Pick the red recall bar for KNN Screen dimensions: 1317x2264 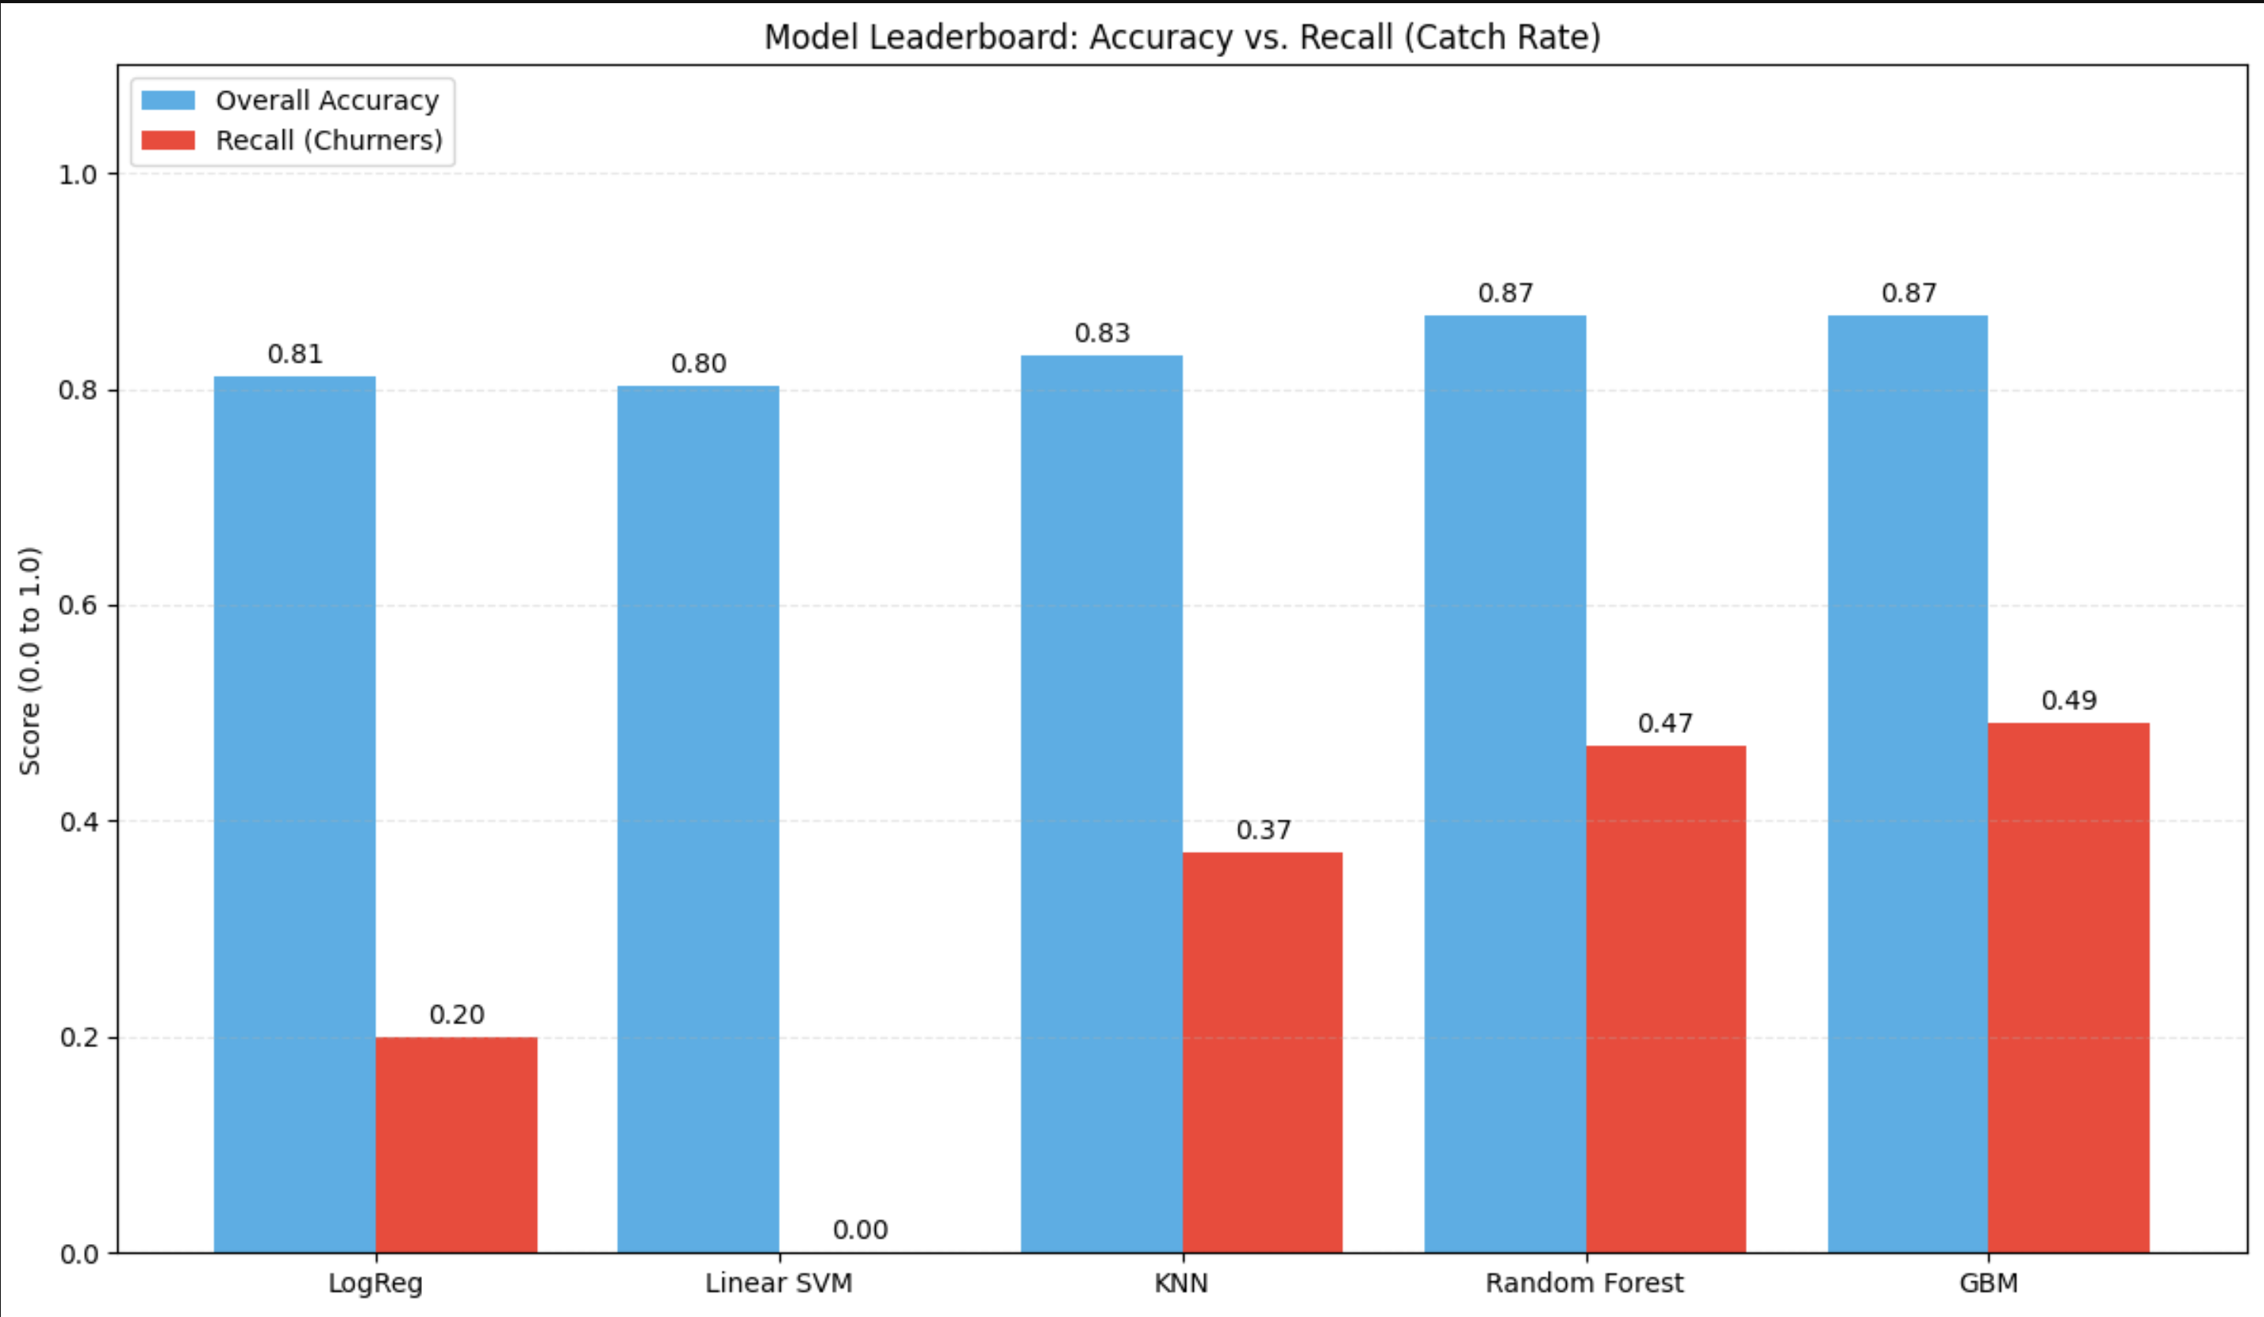(1262, 1052)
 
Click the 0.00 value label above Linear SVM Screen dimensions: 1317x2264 (860, 1229)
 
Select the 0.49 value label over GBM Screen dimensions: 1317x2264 (2068, 700)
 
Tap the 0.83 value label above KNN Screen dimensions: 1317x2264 (1101, 333)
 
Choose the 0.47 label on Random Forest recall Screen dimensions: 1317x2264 (1665, 724)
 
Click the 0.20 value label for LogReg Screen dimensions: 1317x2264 (456, 1014)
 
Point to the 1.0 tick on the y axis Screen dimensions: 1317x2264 (79, 175)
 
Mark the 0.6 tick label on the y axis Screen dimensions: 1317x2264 (79, 605)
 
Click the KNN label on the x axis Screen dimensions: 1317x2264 (1180, 1283)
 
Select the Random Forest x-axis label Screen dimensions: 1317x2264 (1584, 1283)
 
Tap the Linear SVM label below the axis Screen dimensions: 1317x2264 (778, 1283)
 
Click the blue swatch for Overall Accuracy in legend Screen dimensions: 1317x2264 (168, 100)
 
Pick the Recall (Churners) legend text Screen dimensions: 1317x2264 (329, 140)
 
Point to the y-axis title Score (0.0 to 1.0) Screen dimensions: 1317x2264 (29, 660)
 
